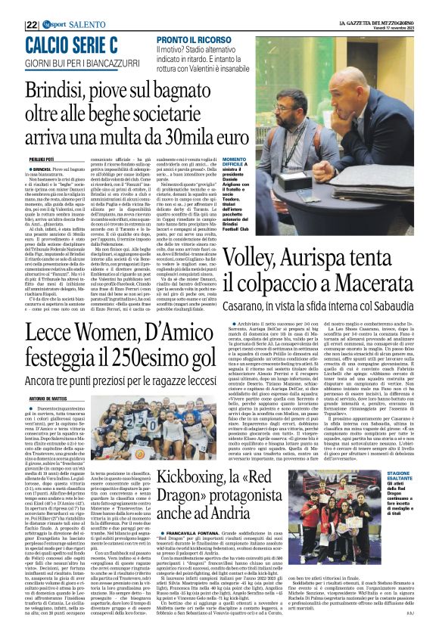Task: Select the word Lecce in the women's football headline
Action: click(x=70, y=332)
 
